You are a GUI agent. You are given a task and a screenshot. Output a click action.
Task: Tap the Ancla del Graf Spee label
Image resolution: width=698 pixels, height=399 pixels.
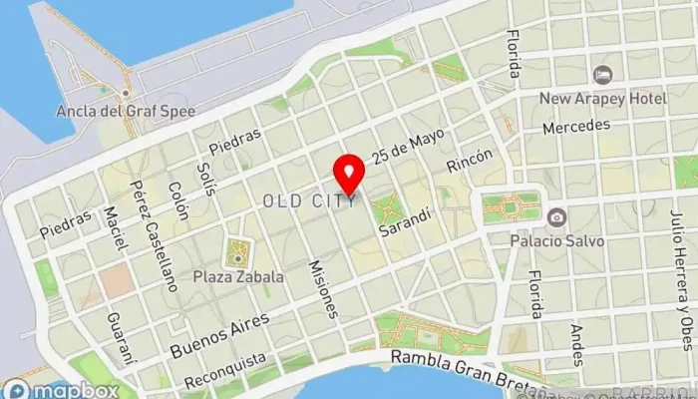[x=126, y=110]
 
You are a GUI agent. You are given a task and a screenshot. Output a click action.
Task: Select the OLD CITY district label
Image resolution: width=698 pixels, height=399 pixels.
[x=309, y=201]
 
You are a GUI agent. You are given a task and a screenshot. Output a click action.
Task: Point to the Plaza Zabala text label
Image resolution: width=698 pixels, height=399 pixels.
[x=239, y=276]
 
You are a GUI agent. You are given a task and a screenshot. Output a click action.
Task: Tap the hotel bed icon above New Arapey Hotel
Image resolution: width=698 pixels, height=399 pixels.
[x=602, y=75]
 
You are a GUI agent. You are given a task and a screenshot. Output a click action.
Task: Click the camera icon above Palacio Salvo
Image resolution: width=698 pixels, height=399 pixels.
[x=556, y=216]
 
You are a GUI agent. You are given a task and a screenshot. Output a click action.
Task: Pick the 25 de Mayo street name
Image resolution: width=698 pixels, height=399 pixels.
[x=407, y=146]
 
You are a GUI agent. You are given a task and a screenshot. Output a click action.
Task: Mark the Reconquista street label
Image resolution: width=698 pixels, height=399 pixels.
[x=224, y=370]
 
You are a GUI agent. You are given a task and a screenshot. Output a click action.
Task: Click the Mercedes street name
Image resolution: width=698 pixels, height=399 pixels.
[x=575, y=128]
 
